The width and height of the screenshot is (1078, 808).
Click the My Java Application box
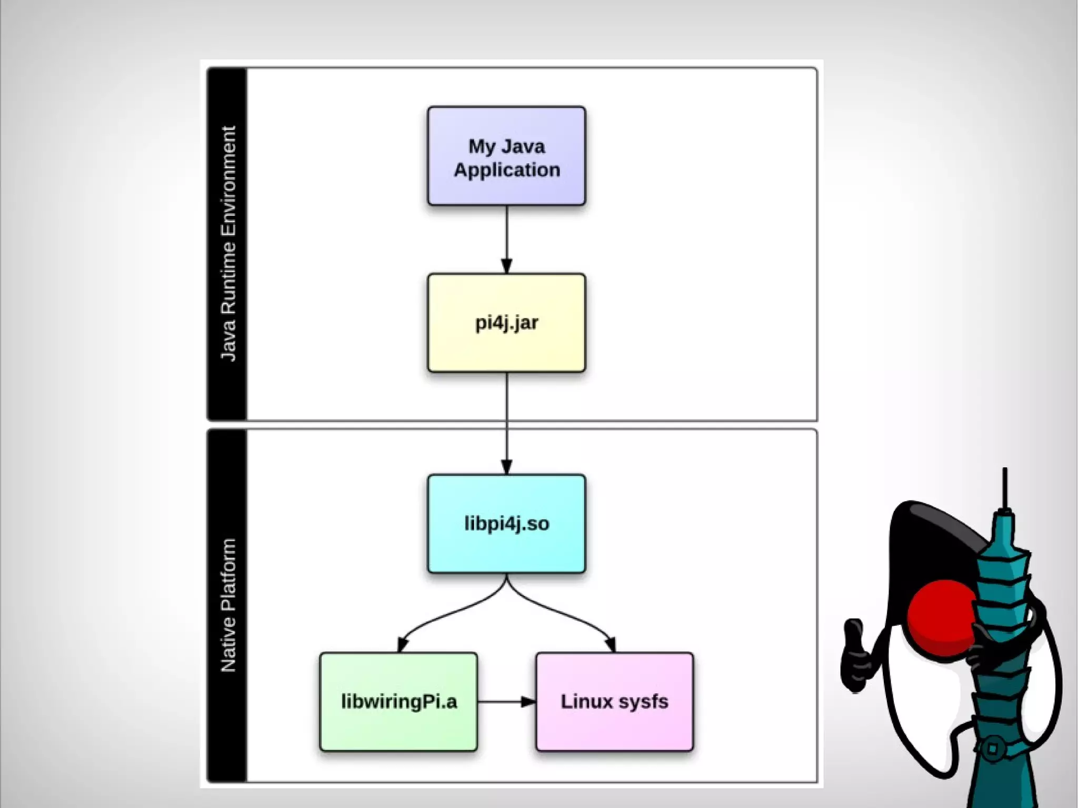click(x=506, y=156)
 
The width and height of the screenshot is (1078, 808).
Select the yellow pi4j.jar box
click(x=506, y=323)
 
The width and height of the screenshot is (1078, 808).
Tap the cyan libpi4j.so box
click(x=506, y=524)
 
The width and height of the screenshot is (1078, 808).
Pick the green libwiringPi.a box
click(x=398, y=702)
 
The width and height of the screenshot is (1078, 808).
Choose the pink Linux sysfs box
click(x=614, y=702)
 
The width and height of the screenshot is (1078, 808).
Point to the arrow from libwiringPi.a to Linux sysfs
click(x=505, y=702)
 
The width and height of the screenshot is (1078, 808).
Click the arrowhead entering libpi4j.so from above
click(x=506, y=467)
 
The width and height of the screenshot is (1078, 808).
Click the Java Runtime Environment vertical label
click(x=228, y=243)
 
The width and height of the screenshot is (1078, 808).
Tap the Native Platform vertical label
click(x=228, y=605)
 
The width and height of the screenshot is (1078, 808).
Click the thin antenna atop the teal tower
click(x=1005, y=487)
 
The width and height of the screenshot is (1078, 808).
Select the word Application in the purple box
click(x=506, y=170)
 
